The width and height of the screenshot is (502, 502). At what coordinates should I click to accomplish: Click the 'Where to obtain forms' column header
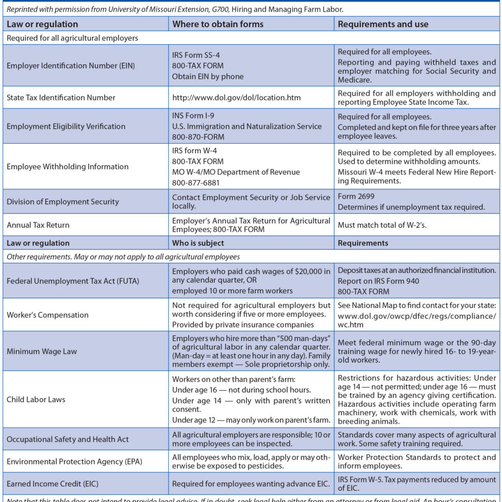(217, 24)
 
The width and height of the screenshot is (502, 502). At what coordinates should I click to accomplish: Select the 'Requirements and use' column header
(383, 24)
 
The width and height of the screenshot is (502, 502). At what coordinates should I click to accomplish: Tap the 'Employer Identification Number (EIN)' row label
(71, 66)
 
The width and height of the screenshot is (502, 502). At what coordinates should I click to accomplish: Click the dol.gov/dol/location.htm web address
(236, 97)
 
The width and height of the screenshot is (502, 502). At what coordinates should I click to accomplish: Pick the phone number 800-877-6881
(197, 183)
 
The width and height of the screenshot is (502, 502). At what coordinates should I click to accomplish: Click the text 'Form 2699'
(356, 196)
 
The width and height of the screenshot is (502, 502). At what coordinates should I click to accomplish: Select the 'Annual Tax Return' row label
(38, 225)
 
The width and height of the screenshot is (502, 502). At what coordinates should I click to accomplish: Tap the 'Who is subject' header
(198, 243)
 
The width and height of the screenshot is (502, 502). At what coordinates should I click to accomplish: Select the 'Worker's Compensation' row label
(48, 315)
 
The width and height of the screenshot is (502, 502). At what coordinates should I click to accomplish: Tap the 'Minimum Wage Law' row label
(42, 351)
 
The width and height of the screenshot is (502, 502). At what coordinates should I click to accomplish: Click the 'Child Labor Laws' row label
(36, 400)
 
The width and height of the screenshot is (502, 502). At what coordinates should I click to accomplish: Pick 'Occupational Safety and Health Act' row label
(68, 439)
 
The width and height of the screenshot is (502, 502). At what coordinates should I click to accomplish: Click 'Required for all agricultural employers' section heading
(72, 38)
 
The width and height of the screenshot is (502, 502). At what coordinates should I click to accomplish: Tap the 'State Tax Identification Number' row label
(61, 97)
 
